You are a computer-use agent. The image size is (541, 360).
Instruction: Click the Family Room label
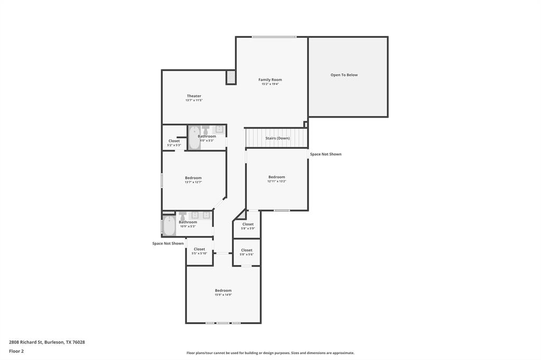point(270,80)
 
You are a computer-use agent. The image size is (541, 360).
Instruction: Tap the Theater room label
point(194,96)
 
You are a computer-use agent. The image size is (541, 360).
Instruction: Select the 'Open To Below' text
point(344,75)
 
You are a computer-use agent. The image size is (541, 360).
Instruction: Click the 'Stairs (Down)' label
point(277,138)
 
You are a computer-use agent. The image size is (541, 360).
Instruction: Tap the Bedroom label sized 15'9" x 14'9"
point(223,290)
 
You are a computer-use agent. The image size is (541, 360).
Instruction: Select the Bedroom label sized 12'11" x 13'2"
point(276,177)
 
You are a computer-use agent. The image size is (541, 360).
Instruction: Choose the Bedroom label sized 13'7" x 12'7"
point(193,178)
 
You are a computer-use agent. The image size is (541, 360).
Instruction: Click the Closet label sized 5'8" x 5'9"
point(248,224)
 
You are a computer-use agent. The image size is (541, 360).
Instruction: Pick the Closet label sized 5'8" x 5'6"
point(247,250)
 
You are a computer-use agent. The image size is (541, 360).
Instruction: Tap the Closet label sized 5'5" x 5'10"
point(199,249)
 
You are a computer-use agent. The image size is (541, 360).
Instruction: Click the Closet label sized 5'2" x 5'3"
point(174,141)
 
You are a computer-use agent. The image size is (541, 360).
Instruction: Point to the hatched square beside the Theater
point(231,77)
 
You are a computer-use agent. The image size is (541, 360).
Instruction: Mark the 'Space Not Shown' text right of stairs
point(325,154)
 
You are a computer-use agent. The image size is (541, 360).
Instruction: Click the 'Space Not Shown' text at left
point(168,243)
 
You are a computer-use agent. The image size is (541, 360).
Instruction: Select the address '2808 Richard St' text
point(26,342)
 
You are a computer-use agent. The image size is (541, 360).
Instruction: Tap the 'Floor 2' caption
point(16,351)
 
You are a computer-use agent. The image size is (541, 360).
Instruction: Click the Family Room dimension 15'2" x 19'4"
point(270,84)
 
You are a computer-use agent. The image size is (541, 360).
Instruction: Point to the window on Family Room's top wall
point(274,37)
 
